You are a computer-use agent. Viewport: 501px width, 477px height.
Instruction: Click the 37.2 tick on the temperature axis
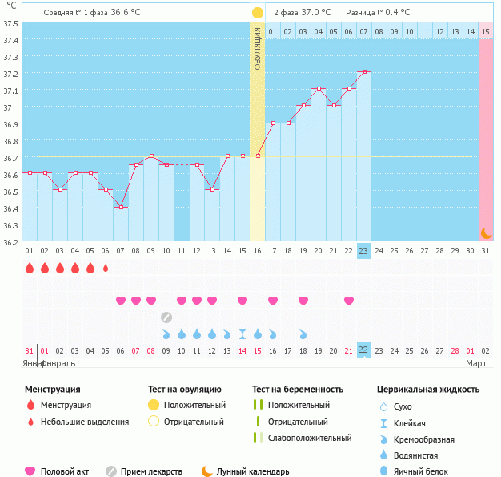click(x=10, y=73)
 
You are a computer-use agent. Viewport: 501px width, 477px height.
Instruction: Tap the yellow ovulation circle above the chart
click(x=257, y=13)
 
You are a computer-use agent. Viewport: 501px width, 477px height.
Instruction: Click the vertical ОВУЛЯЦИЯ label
click(x=258, y=48)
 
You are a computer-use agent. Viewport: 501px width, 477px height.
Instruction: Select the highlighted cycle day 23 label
click(x=363, y=251)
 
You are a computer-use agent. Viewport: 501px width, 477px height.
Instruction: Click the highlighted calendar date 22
click(x=363, y=350)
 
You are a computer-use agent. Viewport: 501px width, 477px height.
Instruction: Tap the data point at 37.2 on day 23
click(x=364, y=72)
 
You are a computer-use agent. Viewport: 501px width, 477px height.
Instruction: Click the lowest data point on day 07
click(x=121, y=207)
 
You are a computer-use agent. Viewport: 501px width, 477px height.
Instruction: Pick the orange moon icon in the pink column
click(x=485, y=232)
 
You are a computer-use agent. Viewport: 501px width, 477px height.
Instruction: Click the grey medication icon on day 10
click(x=166, y=317)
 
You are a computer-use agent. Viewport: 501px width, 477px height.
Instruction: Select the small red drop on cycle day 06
click(x=106, y=268)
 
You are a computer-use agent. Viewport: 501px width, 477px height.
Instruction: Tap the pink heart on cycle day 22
click(x=349, y=301)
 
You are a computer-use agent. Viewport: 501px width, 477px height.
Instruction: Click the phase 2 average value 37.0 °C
click(x=313, y=13)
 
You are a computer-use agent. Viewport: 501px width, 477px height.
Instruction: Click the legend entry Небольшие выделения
click(x=84, y=422)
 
